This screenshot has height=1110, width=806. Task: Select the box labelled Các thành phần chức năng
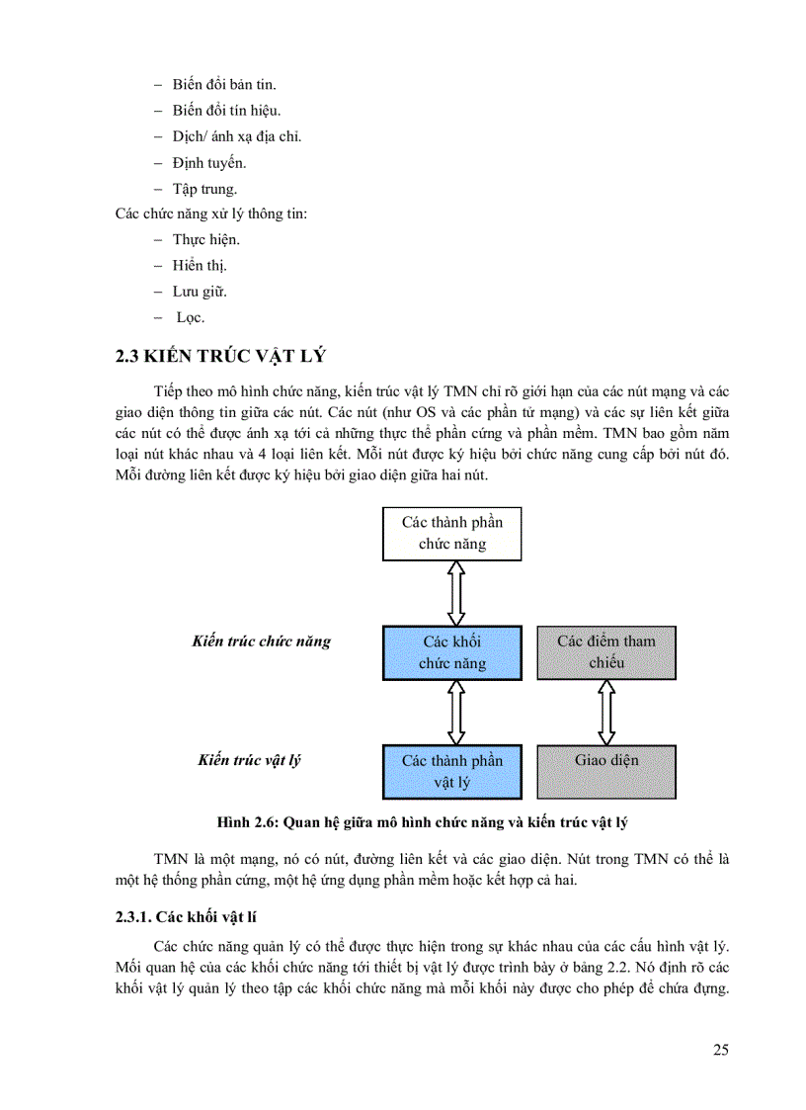[x=451, y=533]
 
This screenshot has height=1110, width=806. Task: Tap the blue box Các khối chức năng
[x=452, y=652]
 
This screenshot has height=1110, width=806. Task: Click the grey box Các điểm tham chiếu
[x=606, y=652]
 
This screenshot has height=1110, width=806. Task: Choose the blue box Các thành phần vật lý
[x=452, y=771]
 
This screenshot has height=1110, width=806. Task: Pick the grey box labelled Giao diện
[x=606, y=771]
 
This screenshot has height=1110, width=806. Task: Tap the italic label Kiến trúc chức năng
[x=262, y=641]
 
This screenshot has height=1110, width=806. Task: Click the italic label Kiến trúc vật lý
[x=249, y=760]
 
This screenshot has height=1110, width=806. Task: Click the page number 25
[x=720, y=1050]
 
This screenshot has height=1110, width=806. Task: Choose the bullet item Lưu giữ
[x=200, y=292]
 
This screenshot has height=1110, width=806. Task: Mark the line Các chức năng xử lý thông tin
[x=211, y=213]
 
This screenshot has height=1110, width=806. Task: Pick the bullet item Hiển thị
[x=201, y=266]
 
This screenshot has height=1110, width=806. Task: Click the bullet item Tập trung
[x=204, y=188]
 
